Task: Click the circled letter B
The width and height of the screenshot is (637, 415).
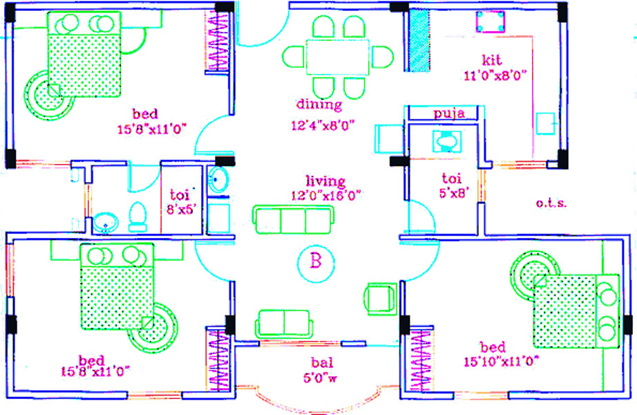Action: tap(316, 263)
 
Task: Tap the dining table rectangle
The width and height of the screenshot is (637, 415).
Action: tap(338, 57)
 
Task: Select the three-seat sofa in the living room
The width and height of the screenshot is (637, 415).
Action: tap(294, 220)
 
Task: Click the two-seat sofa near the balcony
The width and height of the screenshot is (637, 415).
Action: tap(284, 324)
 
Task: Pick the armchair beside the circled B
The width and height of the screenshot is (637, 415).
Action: tap(380, 299)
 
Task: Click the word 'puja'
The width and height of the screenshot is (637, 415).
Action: tap(449, 113)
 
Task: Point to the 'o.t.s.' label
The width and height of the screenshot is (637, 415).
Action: tap(551, 203)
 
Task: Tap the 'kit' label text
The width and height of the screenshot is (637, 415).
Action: tap(491, 60)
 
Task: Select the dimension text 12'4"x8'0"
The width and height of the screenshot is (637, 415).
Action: tap(323, 125)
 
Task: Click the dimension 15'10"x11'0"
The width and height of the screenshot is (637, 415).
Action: tap(502, 361)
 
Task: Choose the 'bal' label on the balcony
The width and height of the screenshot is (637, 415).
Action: tap(322, 362)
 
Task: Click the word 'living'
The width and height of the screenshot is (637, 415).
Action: tap(325, 181)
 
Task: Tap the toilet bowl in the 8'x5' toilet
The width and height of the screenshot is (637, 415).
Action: tap(137, 217)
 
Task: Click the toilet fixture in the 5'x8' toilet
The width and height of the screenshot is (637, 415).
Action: tap(446, 141)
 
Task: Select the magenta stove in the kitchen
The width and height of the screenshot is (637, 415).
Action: tap(491, 21)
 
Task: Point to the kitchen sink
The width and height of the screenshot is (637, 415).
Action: tap(546, 123)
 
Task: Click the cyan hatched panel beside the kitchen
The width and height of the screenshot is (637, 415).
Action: tap(419, 41)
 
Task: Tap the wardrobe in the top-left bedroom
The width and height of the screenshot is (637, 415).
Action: tap(218, 41)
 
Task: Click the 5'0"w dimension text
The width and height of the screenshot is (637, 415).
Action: tap(320, 378)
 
